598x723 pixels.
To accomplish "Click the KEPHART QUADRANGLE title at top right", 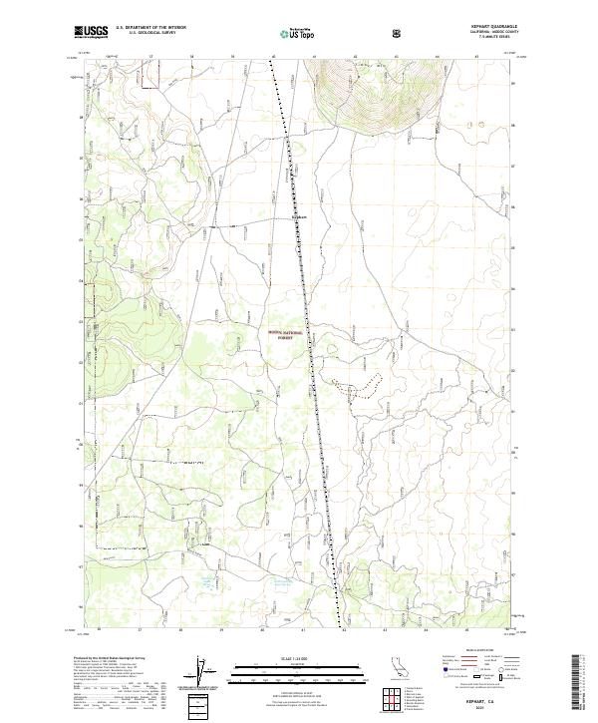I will (x=493, y=27).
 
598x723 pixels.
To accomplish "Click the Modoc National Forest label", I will (x=285, y=336).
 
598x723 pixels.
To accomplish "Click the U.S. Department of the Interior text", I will (x=151, y=28).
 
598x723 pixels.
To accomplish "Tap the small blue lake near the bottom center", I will (x=206, y=580).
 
